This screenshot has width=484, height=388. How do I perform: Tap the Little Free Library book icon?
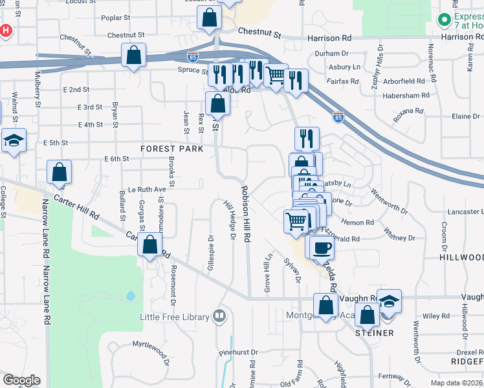[220, 316]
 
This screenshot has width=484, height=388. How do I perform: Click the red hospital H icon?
[6, 30]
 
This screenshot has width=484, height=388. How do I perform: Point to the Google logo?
[21, 380]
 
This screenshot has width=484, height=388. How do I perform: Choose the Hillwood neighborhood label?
[461, 257]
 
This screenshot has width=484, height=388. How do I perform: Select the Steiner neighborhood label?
[375, 333]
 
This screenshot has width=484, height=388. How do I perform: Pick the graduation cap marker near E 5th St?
[13, 141]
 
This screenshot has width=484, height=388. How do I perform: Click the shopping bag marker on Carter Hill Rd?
[150, 245]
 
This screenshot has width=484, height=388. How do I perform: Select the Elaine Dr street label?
[465, 116]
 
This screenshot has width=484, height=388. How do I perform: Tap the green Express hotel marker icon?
[445, 19]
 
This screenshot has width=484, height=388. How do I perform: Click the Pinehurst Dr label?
[237, 352]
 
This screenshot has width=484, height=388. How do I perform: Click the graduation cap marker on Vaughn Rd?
[389, 301]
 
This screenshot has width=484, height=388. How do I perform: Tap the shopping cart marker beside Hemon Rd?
[296, 221]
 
